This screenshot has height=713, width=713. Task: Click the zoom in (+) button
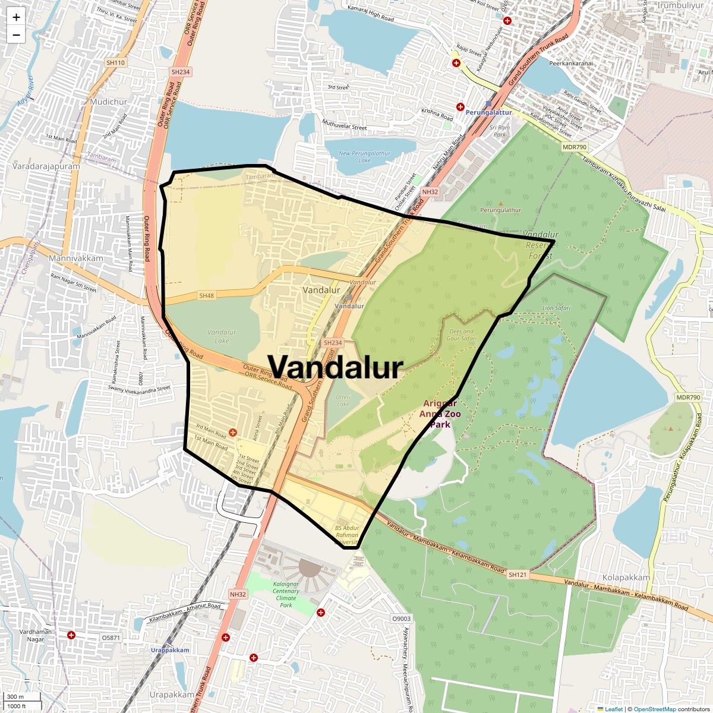tap(16, 17)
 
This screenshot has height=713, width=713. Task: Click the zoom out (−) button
tap(16, 35)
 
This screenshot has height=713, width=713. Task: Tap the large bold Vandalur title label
tap(336, 367)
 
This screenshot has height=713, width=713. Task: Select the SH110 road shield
tap(116, 62)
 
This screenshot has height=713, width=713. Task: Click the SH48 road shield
tap(206, 295)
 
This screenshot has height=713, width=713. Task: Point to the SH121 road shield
tap(517, 575)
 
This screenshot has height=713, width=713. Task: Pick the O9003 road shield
tap(401, 619)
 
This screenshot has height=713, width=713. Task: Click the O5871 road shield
tap(111, 638)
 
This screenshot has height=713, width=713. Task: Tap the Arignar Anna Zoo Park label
tap(440, 414)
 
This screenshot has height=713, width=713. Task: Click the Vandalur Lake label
tap(222, 336)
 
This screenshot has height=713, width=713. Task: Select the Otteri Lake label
tap(343, 400)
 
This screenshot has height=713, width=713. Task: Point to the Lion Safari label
tap(556, 308)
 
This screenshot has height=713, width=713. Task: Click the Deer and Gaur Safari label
tap(462, 335)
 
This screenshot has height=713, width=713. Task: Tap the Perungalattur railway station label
tap(488, 112)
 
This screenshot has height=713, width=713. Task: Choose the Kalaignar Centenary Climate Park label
tap(286, 594)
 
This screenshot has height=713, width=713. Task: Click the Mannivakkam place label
tap(76, 258)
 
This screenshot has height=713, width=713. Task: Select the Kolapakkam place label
tap(626, 578)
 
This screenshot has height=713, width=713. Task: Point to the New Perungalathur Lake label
tap(365, 157)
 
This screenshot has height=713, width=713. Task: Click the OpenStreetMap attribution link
tap(655, 709)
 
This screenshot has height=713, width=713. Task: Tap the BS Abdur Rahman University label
tap(347, 535)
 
